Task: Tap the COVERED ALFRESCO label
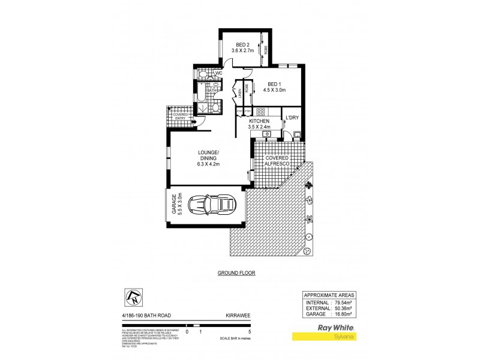(274, 161)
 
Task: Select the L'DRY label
(292, 117)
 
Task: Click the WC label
(219, 74)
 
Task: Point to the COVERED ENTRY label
(180, 116)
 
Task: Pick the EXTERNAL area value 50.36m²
(343, 308)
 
